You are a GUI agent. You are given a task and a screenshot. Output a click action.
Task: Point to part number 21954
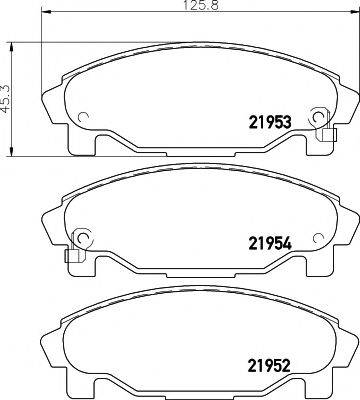pyautogui.click(x=268, y=241)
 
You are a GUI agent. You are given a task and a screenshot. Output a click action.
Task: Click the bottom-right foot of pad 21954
pyautogui.click(x=300, y=267)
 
